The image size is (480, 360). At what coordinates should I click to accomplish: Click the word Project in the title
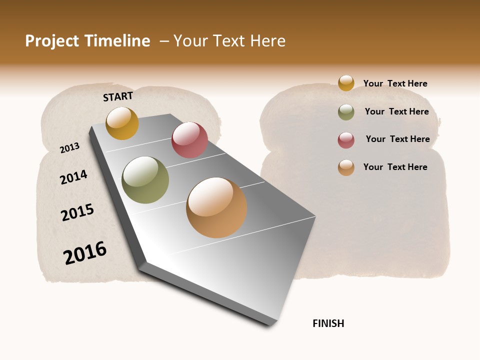(x=52, y=41)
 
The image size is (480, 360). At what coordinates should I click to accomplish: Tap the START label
(x=118, y=96)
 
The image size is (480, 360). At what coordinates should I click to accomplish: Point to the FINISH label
(x=328, y=323)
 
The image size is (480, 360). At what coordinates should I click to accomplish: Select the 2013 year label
(x=69, y=148)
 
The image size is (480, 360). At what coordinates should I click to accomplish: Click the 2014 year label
(x=73, y=177)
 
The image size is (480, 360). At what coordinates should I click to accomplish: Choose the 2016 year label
(x=85, y=252)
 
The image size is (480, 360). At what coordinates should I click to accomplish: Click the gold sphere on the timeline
(x=122, y=123)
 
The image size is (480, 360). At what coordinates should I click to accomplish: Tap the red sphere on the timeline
(x=189, y=140)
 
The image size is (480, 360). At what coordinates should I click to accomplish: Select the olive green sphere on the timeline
(x=145, y=180)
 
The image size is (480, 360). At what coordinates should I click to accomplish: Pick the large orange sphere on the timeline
(x=216, y=207)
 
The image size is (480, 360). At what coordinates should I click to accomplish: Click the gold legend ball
(x=346, y=83)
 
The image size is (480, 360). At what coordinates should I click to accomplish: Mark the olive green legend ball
(x=346, y=112)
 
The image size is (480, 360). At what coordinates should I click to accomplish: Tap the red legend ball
(x=346, y=140)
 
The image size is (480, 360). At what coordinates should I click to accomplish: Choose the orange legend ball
(x=346, y=167)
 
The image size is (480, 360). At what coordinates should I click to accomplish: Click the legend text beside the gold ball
(x=395, y=83)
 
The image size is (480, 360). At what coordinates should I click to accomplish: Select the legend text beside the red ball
(x=397, y=139)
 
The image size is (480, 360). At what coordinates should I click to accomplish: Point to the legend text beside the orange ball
(x=395, y=167)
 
